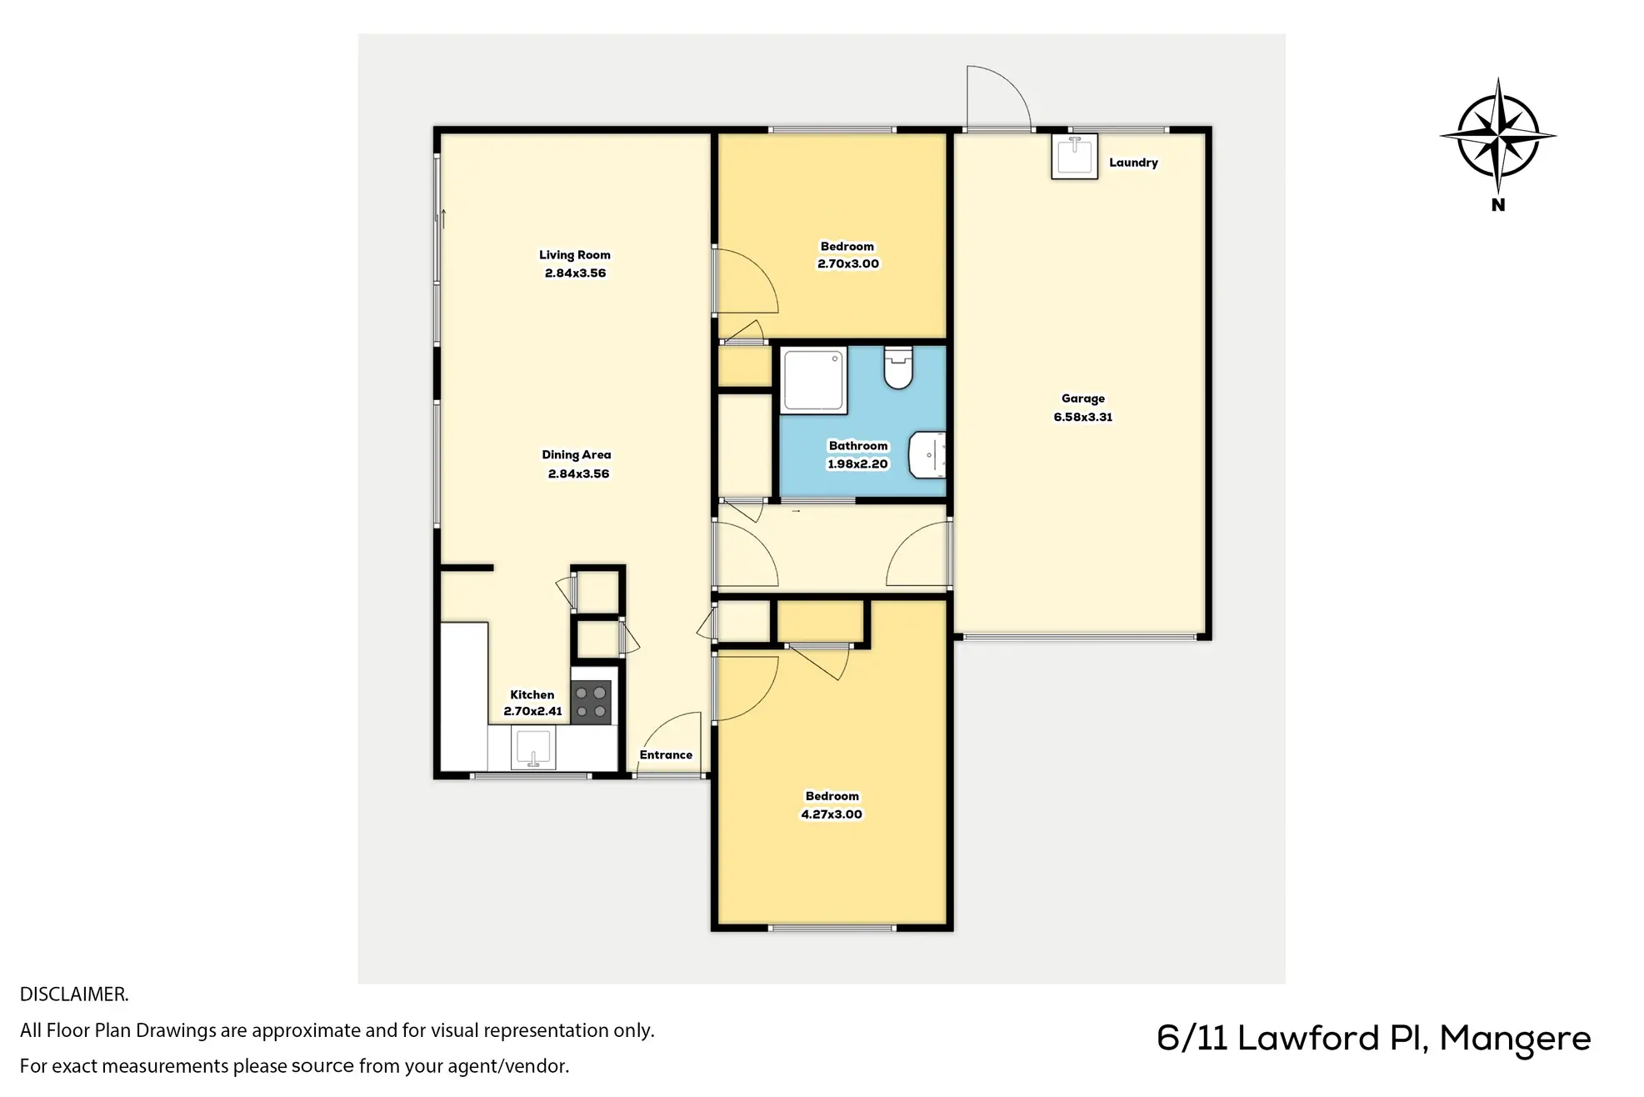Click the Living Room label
pos(574,255)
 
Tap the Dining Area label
pos(576,455)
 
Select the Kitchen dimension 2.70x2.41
pos(532,712)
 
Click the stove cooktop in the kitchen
pos(591,702)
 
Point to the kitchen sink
pos(533,748)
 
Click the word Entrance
pos(666,755)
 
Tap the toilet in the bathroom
pos(898,368)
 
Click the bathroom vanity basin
pos(927,455)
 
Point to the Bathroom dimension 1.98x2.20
pos(857,464)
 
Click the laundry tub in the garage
pos(1074,157)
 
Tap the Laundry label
pos(1133,163)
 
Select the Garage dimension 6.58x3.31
pos(1082,417)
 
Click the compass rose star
pos(1498,136)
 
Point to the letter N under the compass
pos(1498,205)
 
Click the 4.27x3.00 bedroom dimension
pos(832,814)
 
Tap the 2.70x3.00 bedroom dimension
pos(848,264)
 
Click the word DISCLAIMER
pos(74,994)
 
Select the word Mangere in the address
pos(1515,1039)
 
